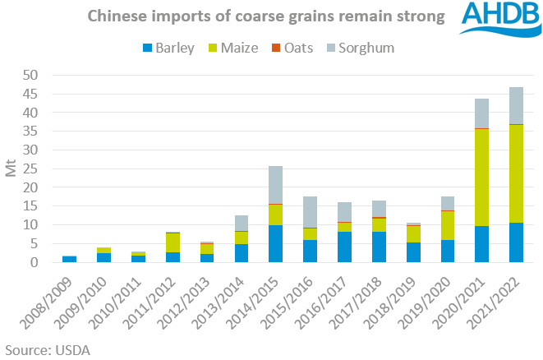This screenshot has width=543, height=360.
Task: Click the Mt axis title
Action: click(11, 168)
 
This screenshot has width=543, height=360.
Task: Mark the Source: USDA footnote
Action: click(47, 348)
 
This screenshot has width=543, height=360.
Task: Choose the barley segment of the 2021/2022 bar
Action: click(517, 242)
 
